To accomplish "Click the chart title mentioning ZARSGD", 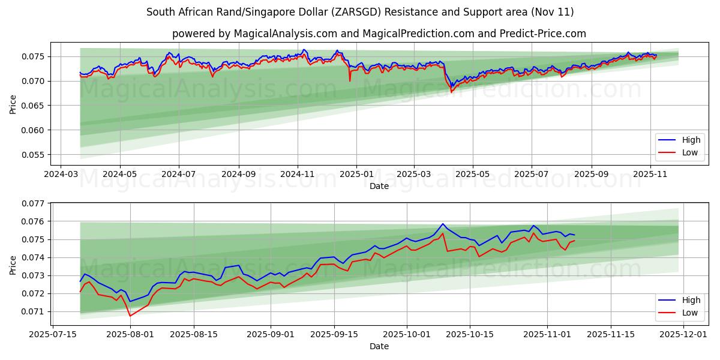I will [x=360, y=12].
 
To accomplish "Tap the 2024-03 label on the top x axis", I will [x=61, y=174].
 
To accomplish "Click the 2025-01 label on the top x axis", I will [x=356, y=174].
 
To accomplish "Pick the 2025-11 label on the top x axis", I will [x=650, y=174].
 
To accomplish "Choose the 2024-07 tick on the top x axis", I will [x=179, y=174].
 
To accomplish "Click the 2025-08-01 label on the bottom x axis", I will [x=130, y=334].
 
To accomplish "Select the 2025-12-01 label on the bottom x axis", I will [x=683, y=334].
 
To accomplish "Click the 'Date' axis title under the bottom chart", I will [x=379, y=346].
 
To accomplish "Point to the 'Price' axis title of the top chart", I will [x=13, y=104].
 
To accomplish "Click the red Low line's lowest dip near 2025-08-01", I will [x=130, y=316].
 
